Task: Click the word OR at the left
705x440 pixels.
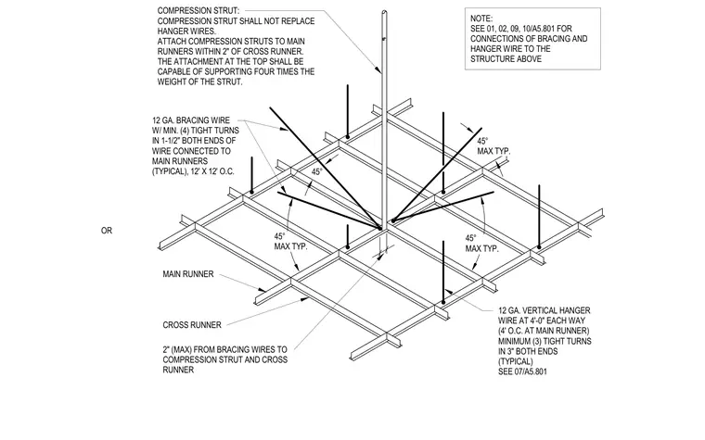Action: pos(107,231)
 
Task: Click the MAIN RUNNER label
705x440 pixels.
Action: pos(188,274)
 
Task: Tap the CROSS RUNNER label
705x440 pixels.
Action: pos(192,324)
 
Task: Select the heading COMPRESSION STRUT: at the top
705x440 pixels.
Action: pos(199,10)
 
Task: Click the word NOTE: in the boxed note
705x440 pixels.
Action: pos(481,19)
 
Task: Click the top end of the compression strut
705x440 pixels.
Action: pos(384,12)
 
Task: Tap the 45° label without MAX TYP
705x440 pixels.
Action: pos(317,172)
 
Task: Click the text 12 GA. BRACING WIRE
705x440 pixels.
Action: pos(191,120)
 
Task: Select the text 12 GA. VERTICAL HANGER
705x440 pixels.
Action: pos(544,310)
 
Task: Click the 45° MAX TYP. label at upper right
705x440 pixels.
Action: pos(493,146)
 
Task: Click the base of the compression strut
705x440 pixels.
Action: pos(383,227)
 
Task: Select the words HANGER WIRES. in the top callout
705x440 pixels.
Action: pos(186,31)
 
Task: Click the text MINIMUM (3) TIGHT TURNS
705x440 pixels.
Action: pos(545,341)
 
